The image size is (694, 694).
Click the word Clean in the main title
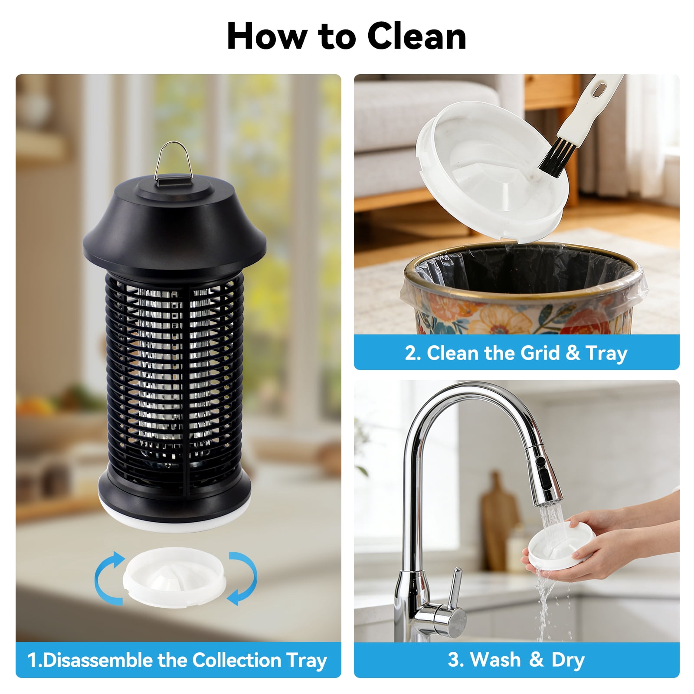coord(417,36)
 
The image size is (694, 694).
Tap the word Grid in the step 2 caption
coord(540,353)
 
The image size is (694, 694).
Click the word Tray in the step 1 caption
coord(306,661)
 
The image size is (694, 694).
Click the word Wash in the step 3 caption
coord(495,660)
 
